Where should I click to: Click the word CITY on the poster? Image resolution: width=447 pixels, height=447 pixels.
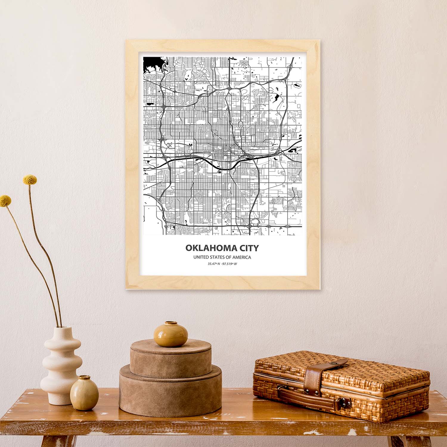248,248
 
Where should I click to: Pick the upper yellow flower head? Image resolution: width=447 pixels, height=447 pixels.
30,179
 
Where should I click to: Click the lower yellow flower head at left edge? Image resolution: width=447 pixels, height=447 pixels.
5,201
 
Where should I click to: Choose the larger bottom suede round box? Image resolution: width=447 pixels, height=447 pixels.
170,390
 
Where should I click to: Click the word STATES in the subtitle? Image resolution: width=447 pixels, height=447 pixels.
219,257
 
